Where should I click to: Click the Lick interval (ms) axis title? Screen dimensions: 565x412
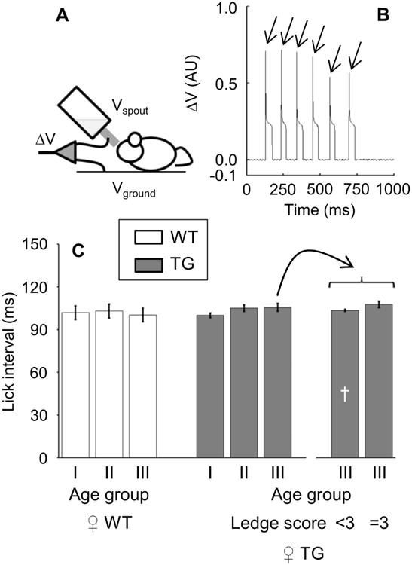[11, 350]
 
